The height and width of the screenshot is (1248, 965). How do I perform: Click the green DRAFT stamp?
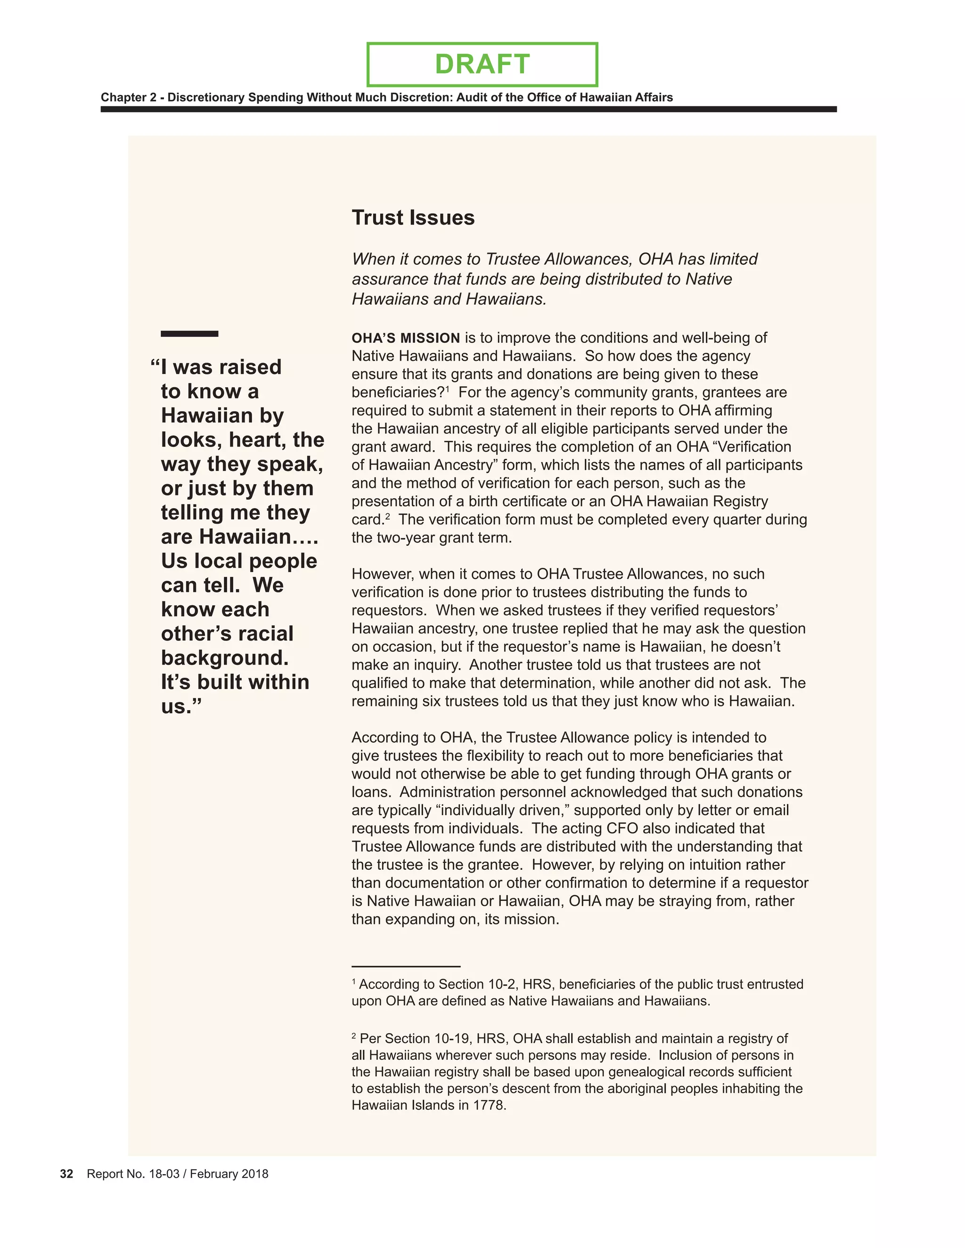point(482,64)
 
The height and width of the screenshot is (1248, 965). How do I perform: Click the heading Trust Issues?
point(413,218)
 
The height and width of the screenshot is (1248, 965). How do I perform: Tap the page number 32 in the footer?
point(66,1174)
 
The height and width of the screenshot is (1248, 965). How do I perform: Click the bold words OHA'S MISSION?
point(405,338)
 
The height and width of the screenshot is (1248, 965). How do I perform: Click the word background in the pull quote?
point(225,658)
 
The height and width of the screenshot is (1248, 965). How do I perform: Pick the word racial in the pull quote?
point(266,634)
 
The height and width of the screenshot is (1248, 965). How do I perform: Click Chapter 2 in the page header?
point(128,97)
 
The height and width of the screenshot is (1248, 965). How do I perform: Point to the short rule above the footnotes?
point(406,966)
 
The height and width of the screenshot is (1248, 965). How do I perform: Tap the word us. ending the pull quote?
point(180,707)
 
